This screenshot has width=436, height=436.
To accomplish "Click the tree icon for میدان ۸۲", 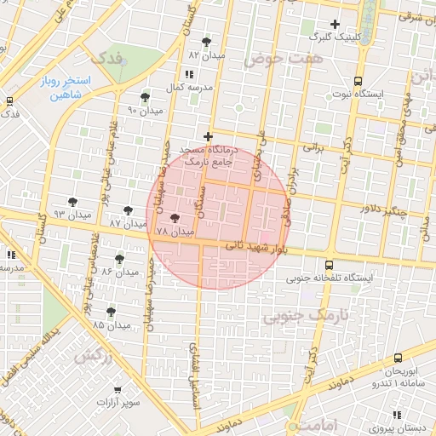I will [206, 41].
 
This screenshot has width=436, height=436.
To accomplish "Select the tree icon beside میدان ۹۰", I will [145, 97].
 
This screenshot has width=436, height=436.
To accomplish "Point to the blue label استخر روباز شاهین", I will [64, 88].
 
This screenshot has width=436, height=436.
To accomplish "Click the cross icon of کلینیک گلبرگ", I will [335, 24].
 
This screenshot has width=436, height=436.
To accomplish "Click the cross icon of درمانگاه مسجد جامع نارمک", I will [207, 136].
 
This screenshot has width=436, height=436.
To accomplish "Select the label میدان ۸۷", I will [129, 222].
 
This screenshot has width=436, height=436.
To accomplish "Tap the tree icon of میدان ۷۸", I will [175, 218].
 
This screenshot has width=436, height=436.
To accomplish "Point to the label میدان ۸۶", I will [120, 272].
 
